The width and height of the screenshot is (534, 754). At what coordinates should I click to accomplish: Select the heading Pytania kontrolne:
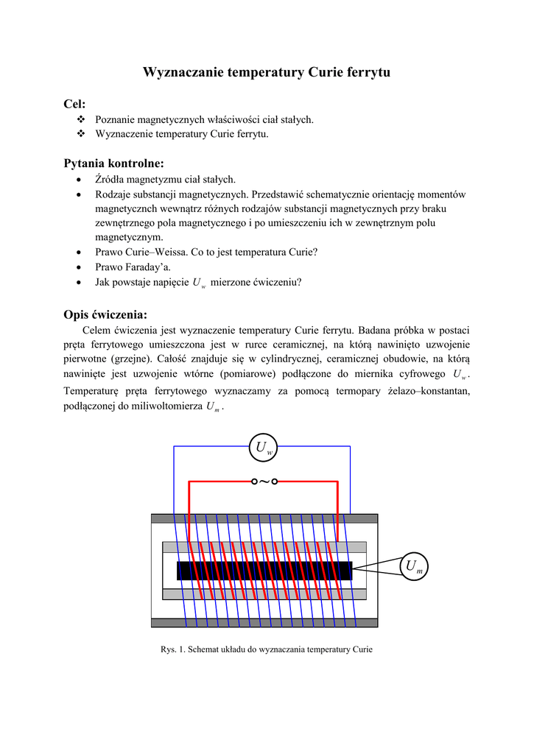pyautogui.click(x=113, y=163)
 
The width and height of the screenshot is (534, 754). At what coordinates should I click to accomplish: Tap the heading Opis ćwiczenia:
pyautogui.click(x=106, y=314)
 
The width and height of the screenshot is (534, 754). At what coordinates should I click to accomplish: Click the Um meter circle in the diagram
pyautogui.click(x=413, y=566)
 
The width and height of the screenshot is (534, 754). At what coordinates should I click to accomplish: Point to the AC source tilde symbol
pyautogui.click(x=264, y=482)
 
